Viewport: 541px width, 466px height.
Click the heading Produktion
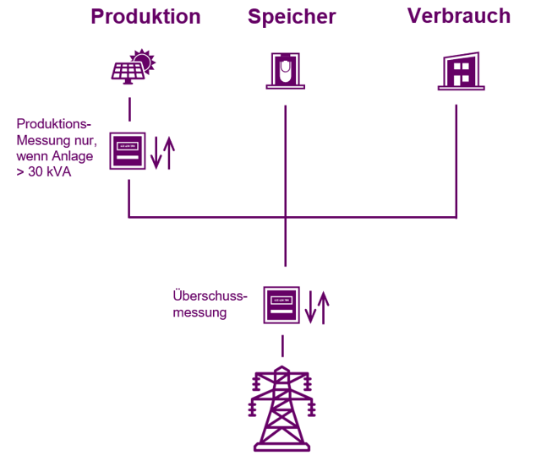point(145,17)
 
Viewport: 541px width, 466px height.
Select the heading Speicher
point(292,17)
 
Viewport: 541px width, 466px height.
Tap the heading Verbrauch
point(459,16)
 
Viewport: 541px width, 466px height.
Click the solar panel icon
point(129,73)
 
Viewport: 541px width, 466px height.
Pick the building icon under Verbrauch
point(461,71)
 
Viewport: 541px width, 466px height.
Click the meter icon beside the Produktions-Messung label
point(128,151)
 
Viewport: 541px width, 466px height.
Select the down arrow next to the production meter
point(156,152)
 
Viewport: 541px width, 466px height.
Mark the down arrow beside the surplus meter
point(310,307)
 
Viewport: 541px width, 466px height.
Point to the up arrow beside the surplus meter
point(322,307)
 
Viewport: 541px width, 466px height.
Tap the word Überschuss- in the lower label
point(209,296)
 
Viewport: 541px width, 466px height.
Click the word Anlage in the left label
point(74,156)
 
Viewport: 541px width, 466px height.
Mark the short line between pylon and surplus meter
point(282,345)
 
